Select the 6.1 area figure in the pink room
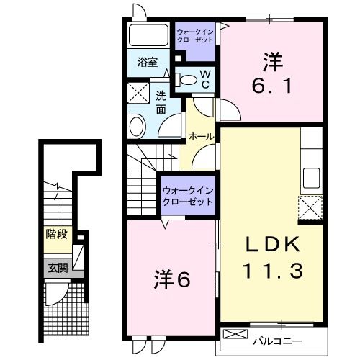pos(270,86)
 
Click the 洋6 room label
pos(172,279)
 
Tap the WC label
pos(204,79)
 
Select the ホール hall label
pos(201,136)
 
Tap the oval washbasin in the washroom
pos(136,127)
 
